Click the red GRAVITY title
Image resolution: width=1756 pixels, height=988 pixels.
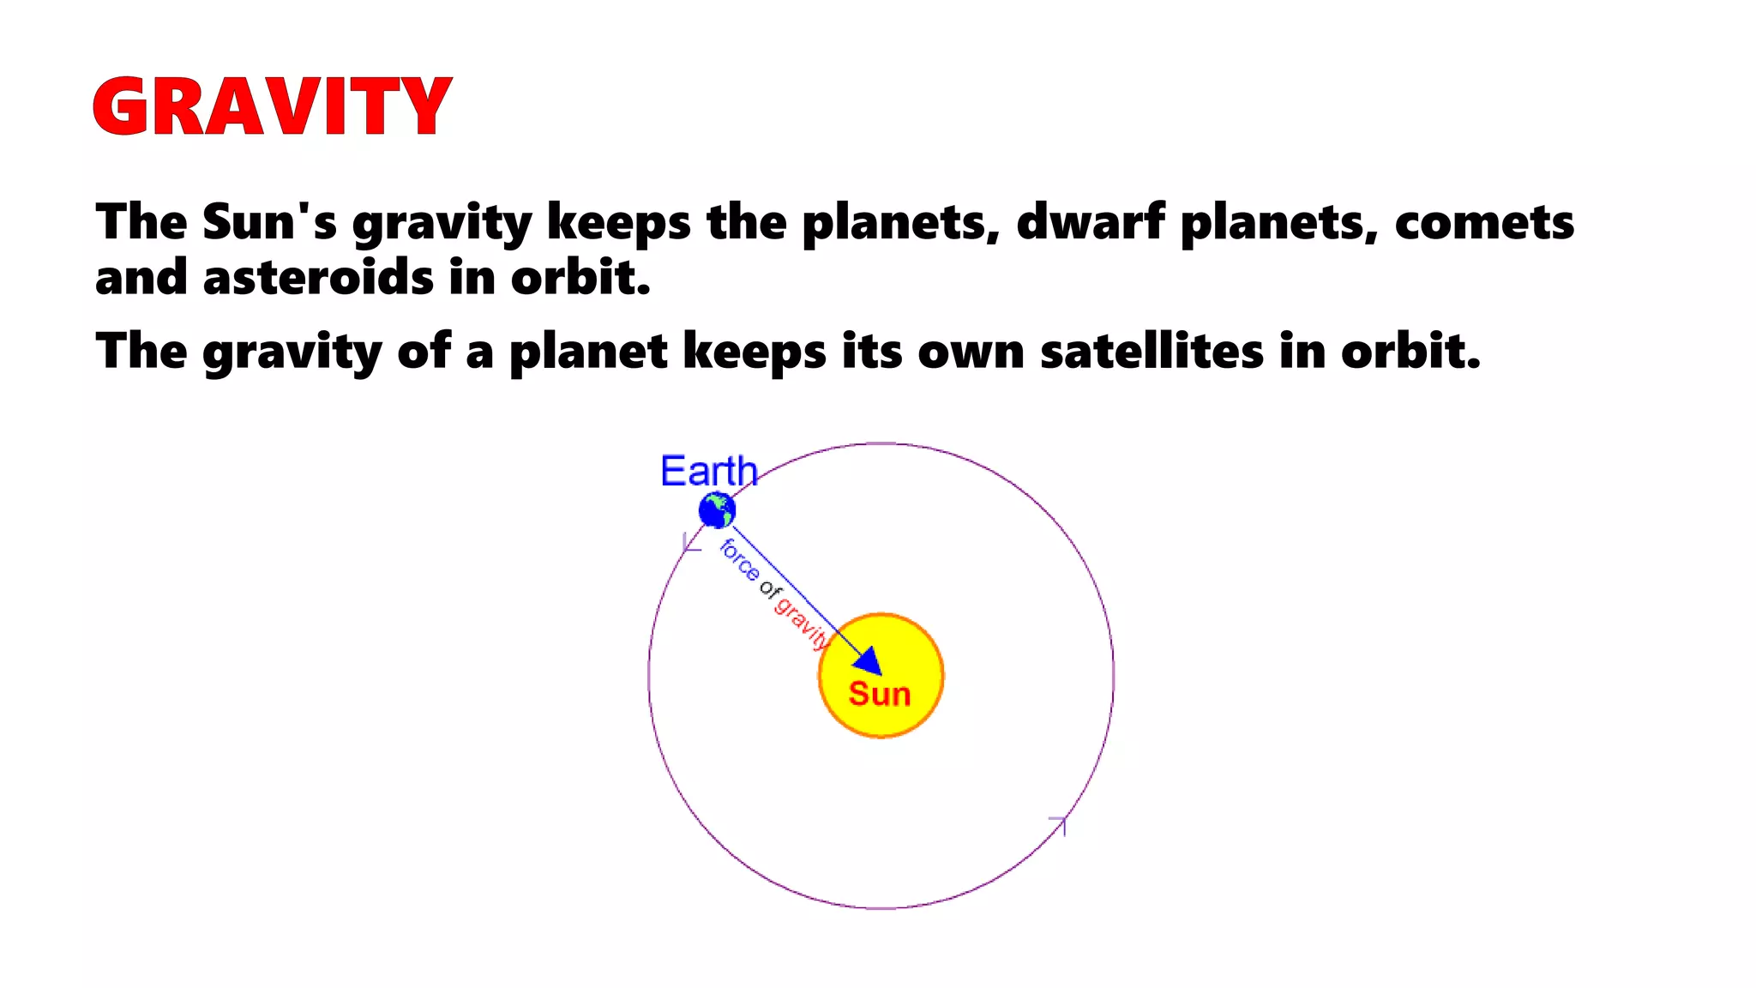(272, 106)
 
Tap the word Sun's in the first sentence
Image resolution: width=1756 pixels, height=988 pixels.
(269, 222)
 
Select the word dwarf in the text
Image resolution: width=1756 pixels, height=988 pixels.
(1090, 222)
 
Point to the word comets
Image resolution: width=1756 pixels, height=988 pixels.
(1484, 222)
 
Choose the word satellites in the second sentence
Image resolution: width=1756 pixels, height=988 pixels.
(1152, 351)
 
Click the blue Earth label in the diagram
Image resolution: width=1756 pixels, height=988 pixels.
(708, 471)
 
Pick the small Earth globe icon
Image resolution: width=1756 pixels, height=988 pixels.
(717, 511)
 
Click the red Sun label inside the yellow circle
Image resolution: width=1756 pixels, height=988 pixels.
(879, 694)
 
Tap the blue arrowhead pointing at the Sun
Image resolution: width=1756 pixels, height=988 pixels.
(869, 661)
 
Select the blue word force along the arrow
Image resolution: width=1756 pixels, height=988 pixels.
(739, 560)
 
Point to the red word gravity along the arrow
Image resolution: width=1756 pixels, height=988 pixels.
(802, 620)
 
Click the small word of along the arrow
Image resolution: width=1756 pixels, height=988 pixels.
(770, 589)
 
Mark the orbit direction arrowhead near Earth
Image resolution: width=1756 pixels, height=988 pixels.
(689, 544)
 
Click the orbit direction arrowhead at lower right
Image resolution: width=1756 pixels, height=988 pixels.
(1059, 824)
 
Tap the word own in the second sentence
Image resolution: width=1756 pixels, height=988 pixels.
(971, 351)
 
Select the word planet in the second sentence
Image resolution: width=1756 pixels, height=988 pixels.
(588, 352)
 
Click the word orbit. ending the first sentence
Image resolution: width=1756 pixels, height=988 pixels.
(580, 278)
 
